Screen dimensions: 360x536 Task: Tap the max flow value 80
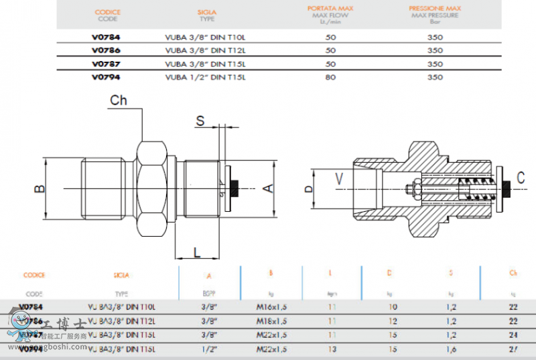330,77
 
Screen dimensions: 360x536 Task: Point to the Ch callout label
119,101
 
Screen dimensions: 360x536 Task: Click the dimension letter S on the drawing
200,121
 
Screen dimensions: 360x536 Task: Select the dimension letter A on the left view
267,188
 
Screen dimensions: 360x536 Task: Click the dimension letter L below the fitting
197,252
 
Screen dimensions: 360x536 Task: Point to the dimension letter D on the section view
309,189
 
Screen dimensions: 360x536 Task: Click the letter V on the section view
338,178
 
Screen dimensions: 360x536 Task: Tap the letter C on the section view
520,178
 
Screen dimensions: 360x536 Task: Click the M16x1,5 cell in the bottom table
272,306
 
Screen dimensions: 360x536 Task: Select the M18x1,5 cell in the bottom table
272,320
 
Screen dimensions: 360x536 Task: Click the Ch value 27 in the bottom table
513,349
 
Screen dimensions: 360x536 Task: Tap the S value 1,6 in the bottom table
452,349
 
